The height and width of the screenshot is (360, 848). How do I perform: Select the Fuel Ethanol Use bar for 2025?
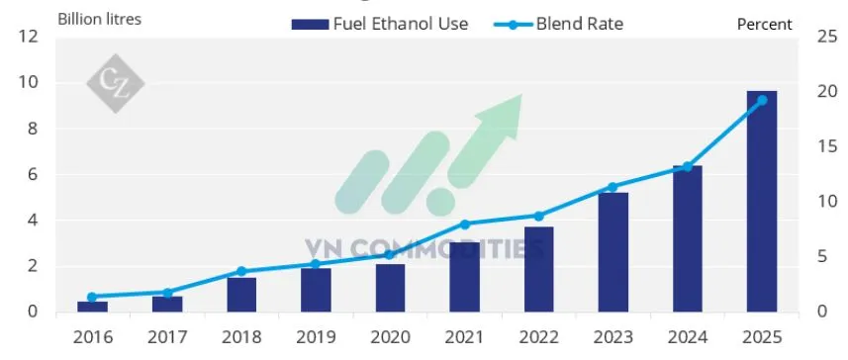(761, 202)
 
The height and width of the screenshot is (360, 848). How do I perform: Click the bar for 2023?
(612, 252)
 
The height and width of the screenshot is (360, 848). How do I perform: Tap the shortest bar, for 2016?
(92, 307)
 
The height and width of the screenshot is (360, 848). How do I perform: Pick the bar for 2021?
(464, 277)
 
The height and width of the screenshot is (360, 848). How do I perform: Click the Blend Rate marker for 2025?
(761, 100)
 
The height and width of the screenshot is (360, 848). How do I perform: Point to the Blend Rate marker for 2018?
(241, 271)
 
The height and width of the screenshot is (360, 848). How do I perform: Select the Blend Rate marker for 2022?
(538, 216)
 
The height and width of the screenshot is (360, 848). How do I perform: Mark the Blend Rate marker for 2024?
(687, 166)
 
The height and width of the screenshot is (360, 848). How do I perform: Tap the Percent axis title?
(765, 24)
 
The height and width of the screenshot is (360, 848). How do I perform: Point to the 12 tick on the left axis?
(29, 38)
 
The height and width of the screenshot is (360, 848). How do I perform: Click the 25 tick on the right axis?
(820, 38)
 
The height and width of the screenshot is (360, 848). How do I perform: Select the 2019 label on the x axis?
(316, 338)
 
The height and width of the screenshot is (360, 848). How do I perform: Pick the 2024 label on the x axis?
(687, 338)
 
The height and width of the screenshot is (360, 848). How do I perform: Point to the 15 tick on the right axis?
(820, 147)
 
